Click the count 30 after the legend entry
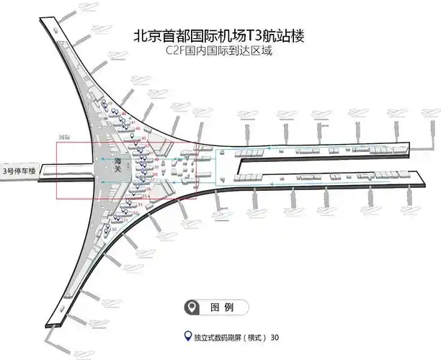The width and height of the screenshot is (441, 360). pyautogui.click(x=274, y=337)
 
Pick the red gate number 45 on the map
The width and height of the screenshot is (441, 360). pyautogui.click(x=144, y=138)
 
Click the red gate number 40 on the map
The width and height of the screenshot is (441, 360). pyautogui.click(x=156, y=160)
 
